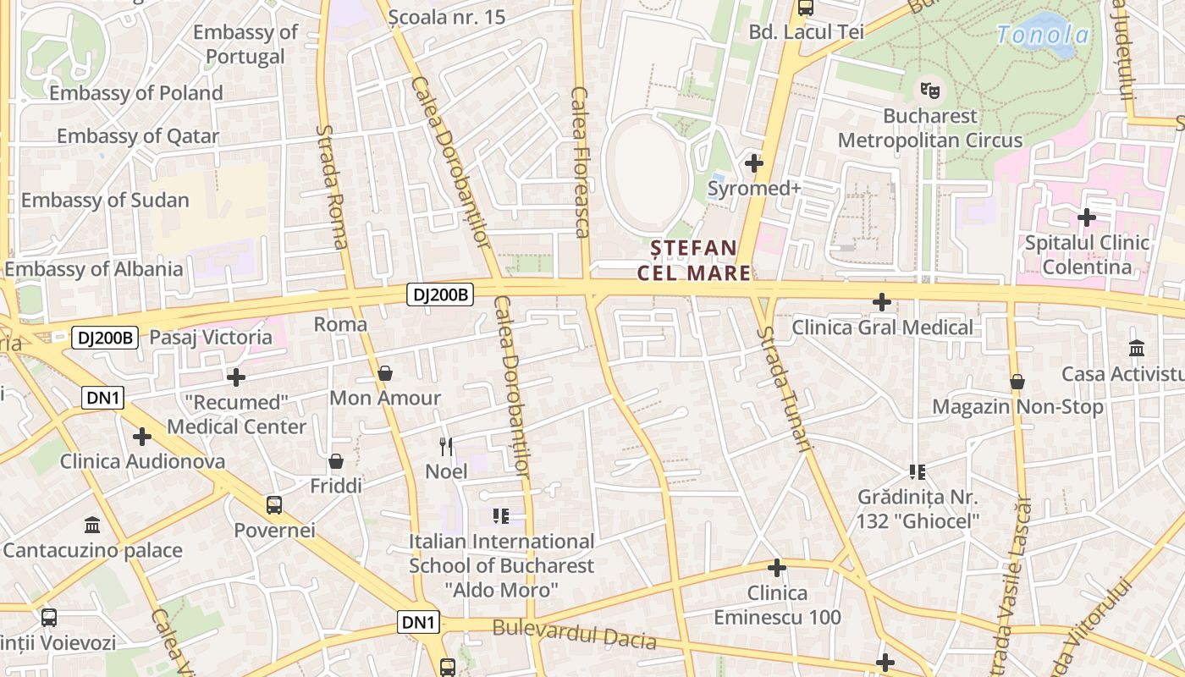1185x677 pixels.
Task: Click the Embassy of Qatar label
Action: point(137,136)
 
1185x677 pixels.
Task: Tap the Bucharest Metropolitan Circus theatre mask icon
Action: point(930,87)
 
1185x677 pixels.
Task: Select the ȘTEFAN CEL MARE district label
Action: point(694,260)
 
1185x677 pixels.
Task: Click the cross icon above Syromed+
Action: point(753,162)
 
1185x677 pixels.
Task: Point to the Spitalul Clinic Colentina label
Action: point(1088,255)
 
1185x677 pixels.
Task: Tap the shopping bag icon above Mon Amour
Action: point(385,373)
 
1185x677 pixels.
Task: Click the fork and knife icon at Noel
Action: point(446,446)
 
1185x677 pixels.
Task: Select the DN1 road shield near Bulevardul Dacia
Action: point(419,623)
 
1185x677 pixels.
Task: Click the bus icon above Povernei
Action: point(274,505)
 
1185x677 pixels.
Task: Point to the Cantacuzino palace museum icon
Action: point(92,526)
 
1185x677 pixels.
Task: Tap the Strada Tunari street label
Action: point(786,388)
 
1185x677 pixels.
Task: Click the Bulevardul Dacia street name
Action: point(574,633)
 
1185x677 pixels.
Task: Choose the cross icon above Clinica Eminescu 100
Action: point(777,568)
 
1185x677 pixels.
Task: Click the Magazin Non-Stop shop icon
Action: point(1017,383)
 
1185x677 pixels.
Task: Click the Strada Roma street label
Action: point(332,187)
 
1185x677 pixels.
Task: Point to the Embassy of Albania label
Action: point(93,269)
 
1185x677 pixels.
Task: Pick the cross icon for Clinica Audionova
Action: point(142,437)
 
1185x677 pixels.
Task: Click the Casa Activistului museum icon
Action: point(1137,348)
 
